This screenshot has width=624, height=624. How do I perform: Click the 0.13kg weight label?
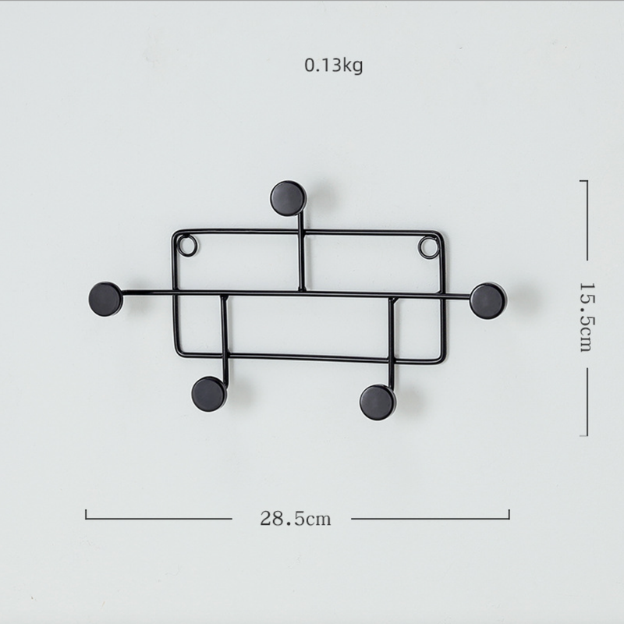[x=333, y=66]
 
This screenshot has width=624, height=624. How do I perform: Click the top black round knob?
[x=288, y=198]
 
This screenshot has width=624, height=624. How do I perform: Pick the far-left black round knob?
[x=105, y=299]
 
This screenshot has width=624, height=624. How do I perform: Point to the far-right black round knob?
[x=487, y=301]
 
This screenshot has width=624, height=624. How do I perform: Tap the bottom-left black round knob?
[x=209, y=394]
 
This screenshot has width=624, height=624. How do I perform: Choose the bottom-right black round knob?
[x=378, y=401]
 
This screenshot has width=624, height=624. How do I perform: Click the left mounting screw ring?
[x=187, y=246]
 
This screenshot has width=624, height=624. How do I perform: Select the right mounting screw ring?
[x=428, y=248]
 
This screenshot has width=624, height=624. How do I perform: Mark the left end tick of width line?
[x=86, y=514]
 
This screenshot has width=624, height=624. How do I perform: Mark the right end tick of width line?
[x=509, y=514]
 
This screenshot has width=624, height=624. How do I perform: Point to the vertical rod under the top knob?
[x=301, y=253]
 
